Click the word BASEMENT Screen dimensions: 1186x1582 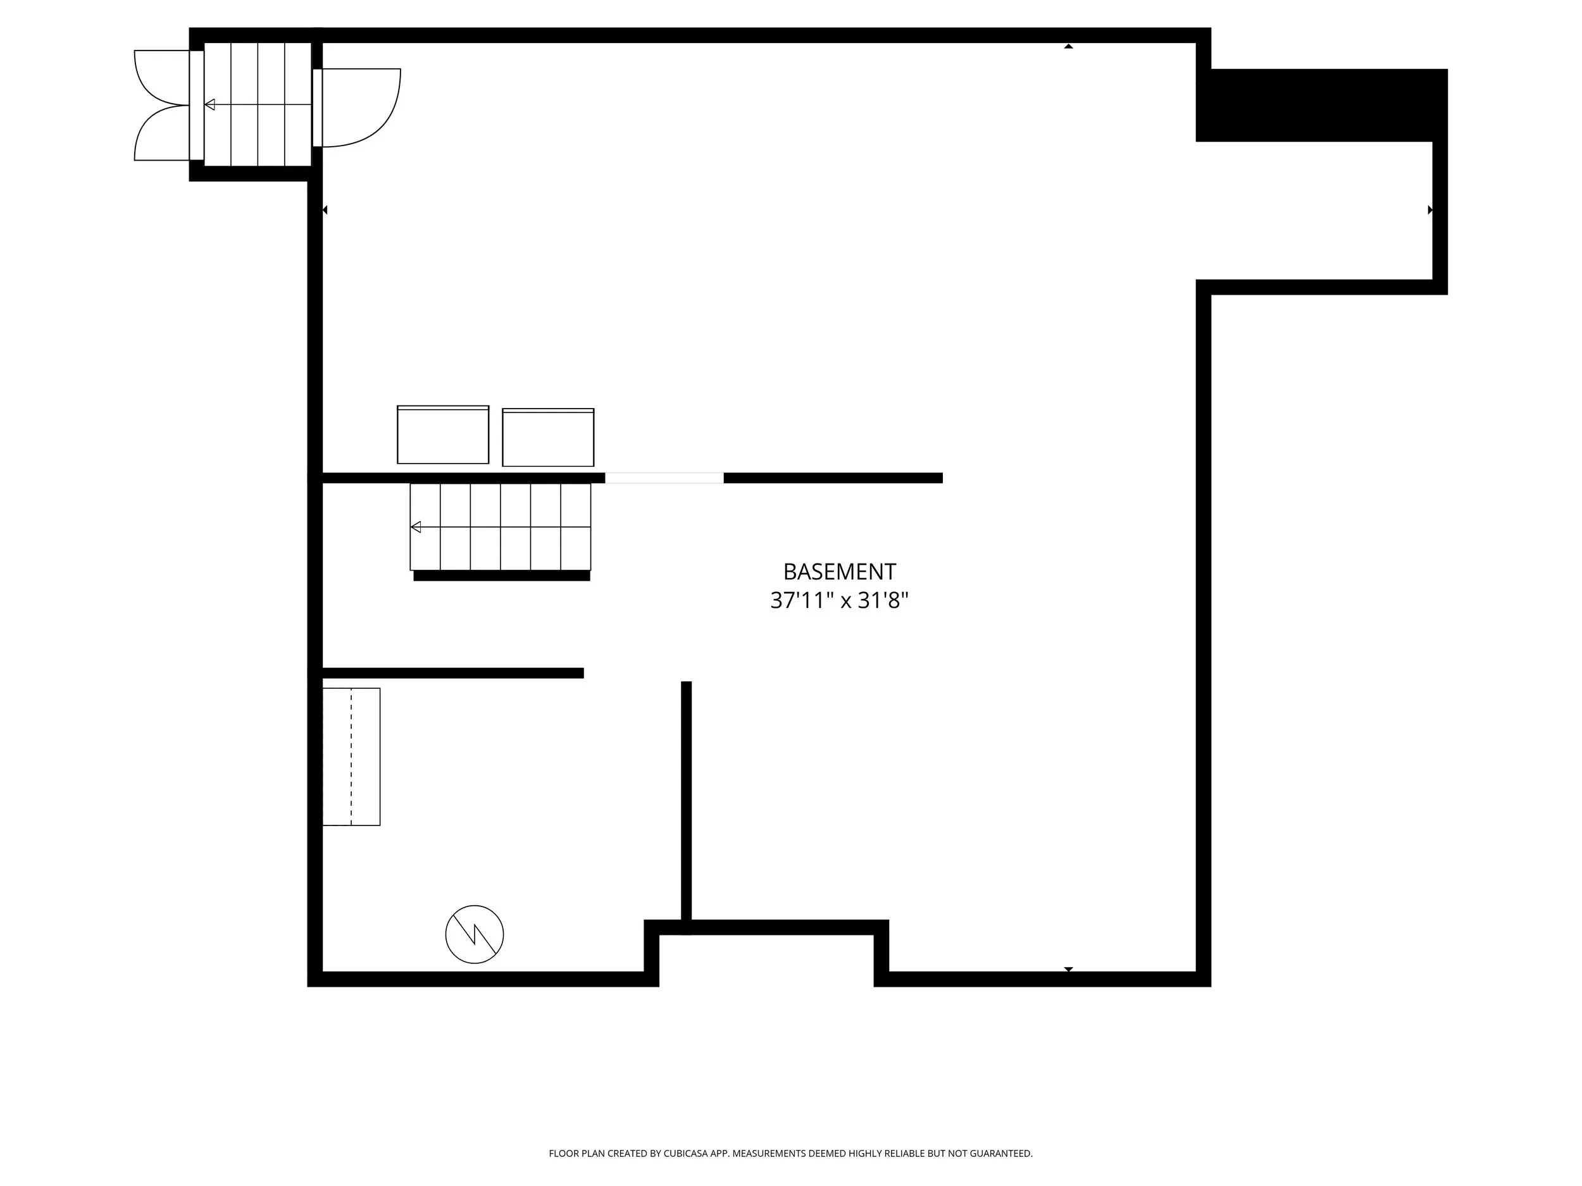click(839, 572)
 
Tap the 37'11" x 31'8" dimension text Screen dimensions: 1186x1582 click(839, 600)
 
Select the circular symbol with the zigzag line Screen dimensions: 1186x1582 click(474, 934)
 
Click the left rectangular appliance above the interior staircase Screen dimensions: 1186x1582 click(443, 435)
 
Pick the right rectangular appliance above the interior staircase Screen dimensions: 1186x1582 click(548, 438)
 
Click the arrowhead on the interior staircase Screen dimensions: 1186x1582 click(416, 528)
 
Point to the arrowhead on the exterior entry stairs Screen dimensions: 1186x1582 click(209, 105)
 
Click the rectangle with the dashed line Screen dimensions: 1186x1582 click(351, 757)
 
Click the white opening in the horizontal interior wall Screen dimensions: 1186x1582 click(664, 478)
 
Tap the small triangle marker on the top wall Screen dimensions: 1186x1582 click(1069, 46)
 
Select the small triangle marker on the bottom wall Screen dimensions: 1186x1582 click(1069, 970)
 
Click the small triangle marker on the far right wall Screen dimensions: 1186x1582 click(1429, 210)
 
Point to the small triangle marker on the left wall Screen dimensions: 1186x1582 click(325, 210)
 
